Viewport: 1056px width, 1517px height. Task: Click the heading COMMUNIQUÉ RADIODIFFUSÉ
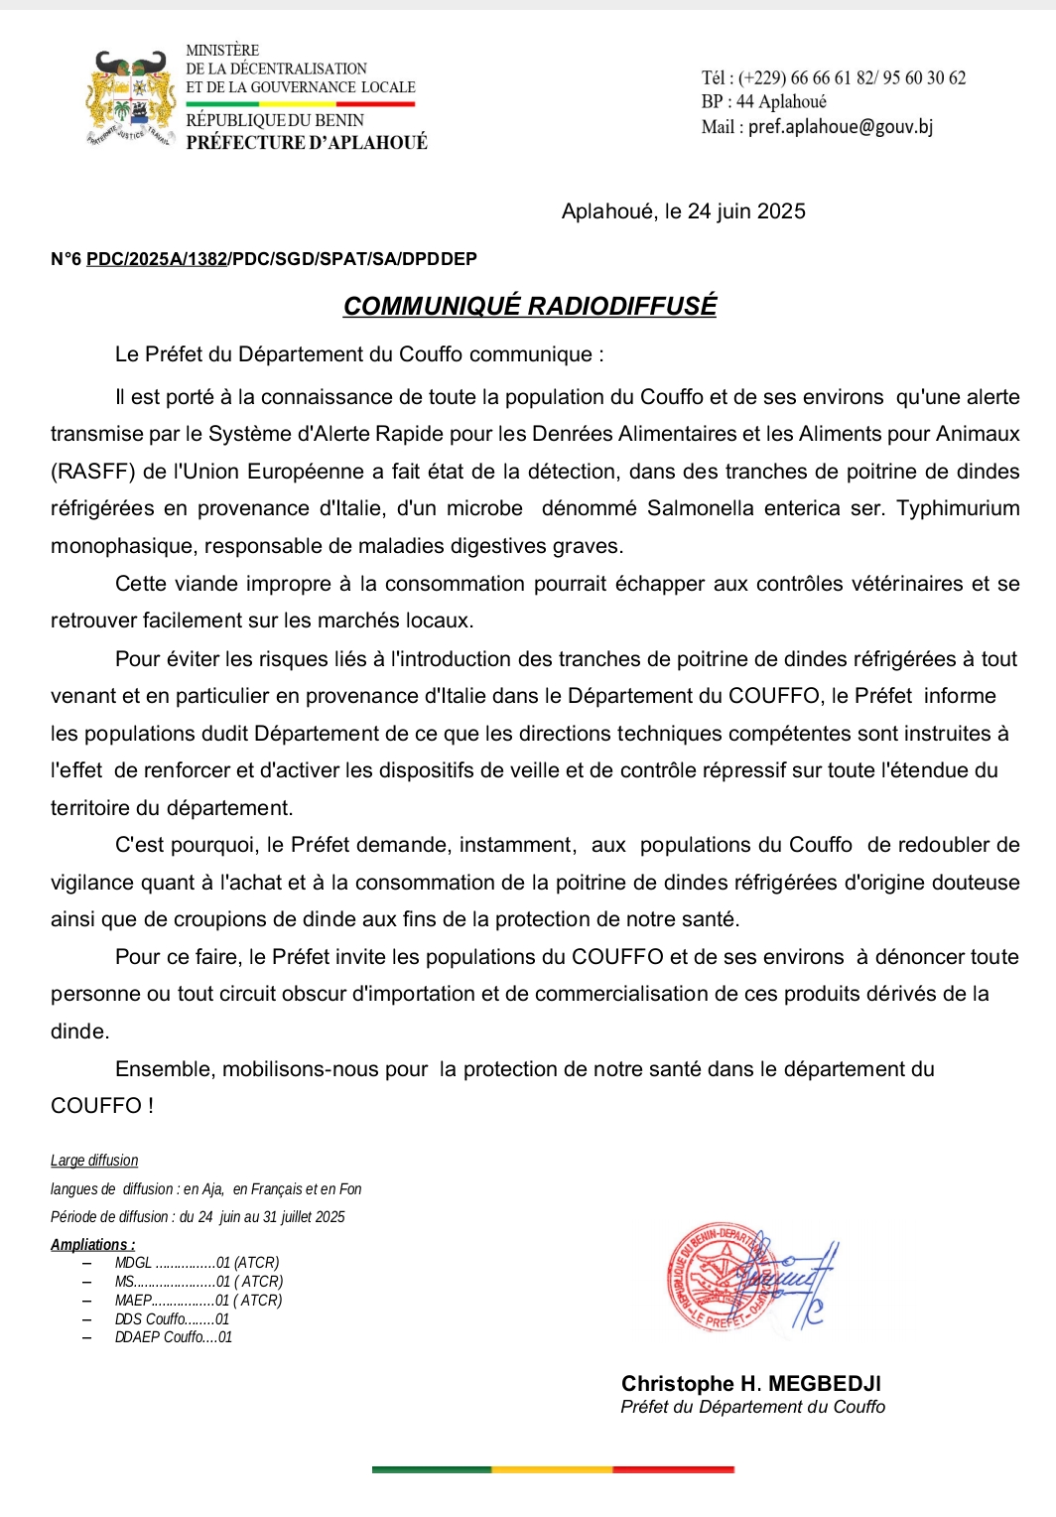[530, 306]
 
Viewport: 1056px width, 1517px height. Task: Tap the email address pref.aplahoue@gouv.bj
[840, 127]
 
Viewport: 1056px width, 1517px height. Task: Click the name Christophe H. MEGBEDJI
[750, 1383]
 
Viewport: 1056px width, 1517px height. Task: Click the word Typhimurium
[958, 508]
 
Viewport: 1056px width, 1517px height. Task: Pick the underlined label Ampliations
[92, 1244]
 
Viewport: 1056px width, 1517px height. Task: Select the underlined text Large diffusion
[94, 1161]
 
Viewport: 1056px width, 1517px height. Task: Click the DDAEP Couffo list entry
[173, 1337]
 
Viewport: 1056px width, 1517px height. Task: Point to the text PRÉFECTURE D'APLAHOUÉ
[307, 142]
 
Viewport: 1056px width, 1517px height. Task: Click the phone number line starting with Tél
[833, 77]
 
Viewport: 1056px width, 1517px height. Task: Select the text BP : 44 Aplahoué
[763, 101]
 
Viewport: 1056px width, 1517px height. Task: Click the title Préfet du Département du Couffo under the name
[752, 1407]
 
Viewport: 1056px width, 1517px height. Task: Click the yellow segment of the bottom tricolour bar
[552, 1469]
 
